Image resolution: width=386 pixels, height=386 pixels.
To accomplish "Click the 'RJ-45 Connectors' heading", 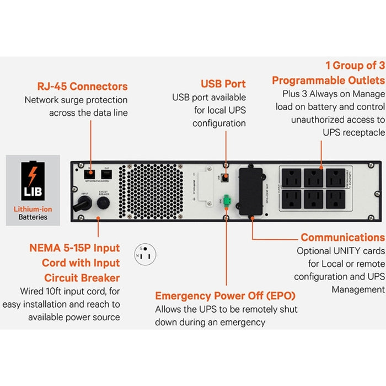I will (x=82, y=87).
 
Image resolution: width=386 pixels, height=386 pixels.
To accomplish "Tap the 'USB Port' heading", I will (x=223, y=84).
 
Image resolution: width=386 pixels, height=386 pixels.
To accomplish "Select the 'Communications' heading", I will (x=342, y=238).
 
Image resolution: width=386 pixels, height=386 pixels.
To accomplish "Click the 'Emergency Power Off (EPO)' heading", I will (x=225, y=296).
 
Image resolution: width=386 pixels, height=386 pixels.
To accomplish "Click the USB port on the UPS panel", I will (x=225, y=179).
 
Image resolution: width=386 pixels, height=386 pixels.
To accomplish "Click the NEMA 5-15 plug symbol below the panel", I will (x=146, y=255).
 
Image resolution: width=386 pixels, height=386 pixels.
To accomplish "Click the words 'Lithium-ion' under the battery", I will (x=33, y=209).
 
